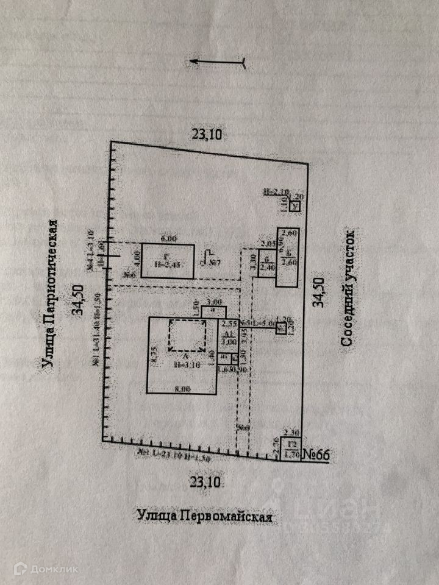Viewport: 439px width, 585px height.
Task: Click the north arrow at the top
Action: click(218, 61)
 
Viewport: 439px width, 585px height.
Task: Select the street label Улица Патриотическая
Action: click(51, 294)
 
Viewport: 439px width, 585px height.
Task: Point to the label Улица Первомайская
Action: click(204, 516)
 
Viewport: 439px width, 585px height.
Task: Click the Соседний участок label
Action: click(348, 288)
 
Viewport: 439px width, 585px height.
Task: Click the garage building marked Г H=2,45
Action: click(168, 261)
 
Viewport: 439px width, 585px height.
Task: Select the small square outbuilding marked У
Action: click(295, 207)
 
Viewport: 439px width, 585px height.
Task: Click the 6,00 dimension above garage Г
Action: click(168, 239)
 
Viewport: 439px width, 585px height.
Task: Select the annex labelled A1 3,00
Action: click(228, 338)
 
